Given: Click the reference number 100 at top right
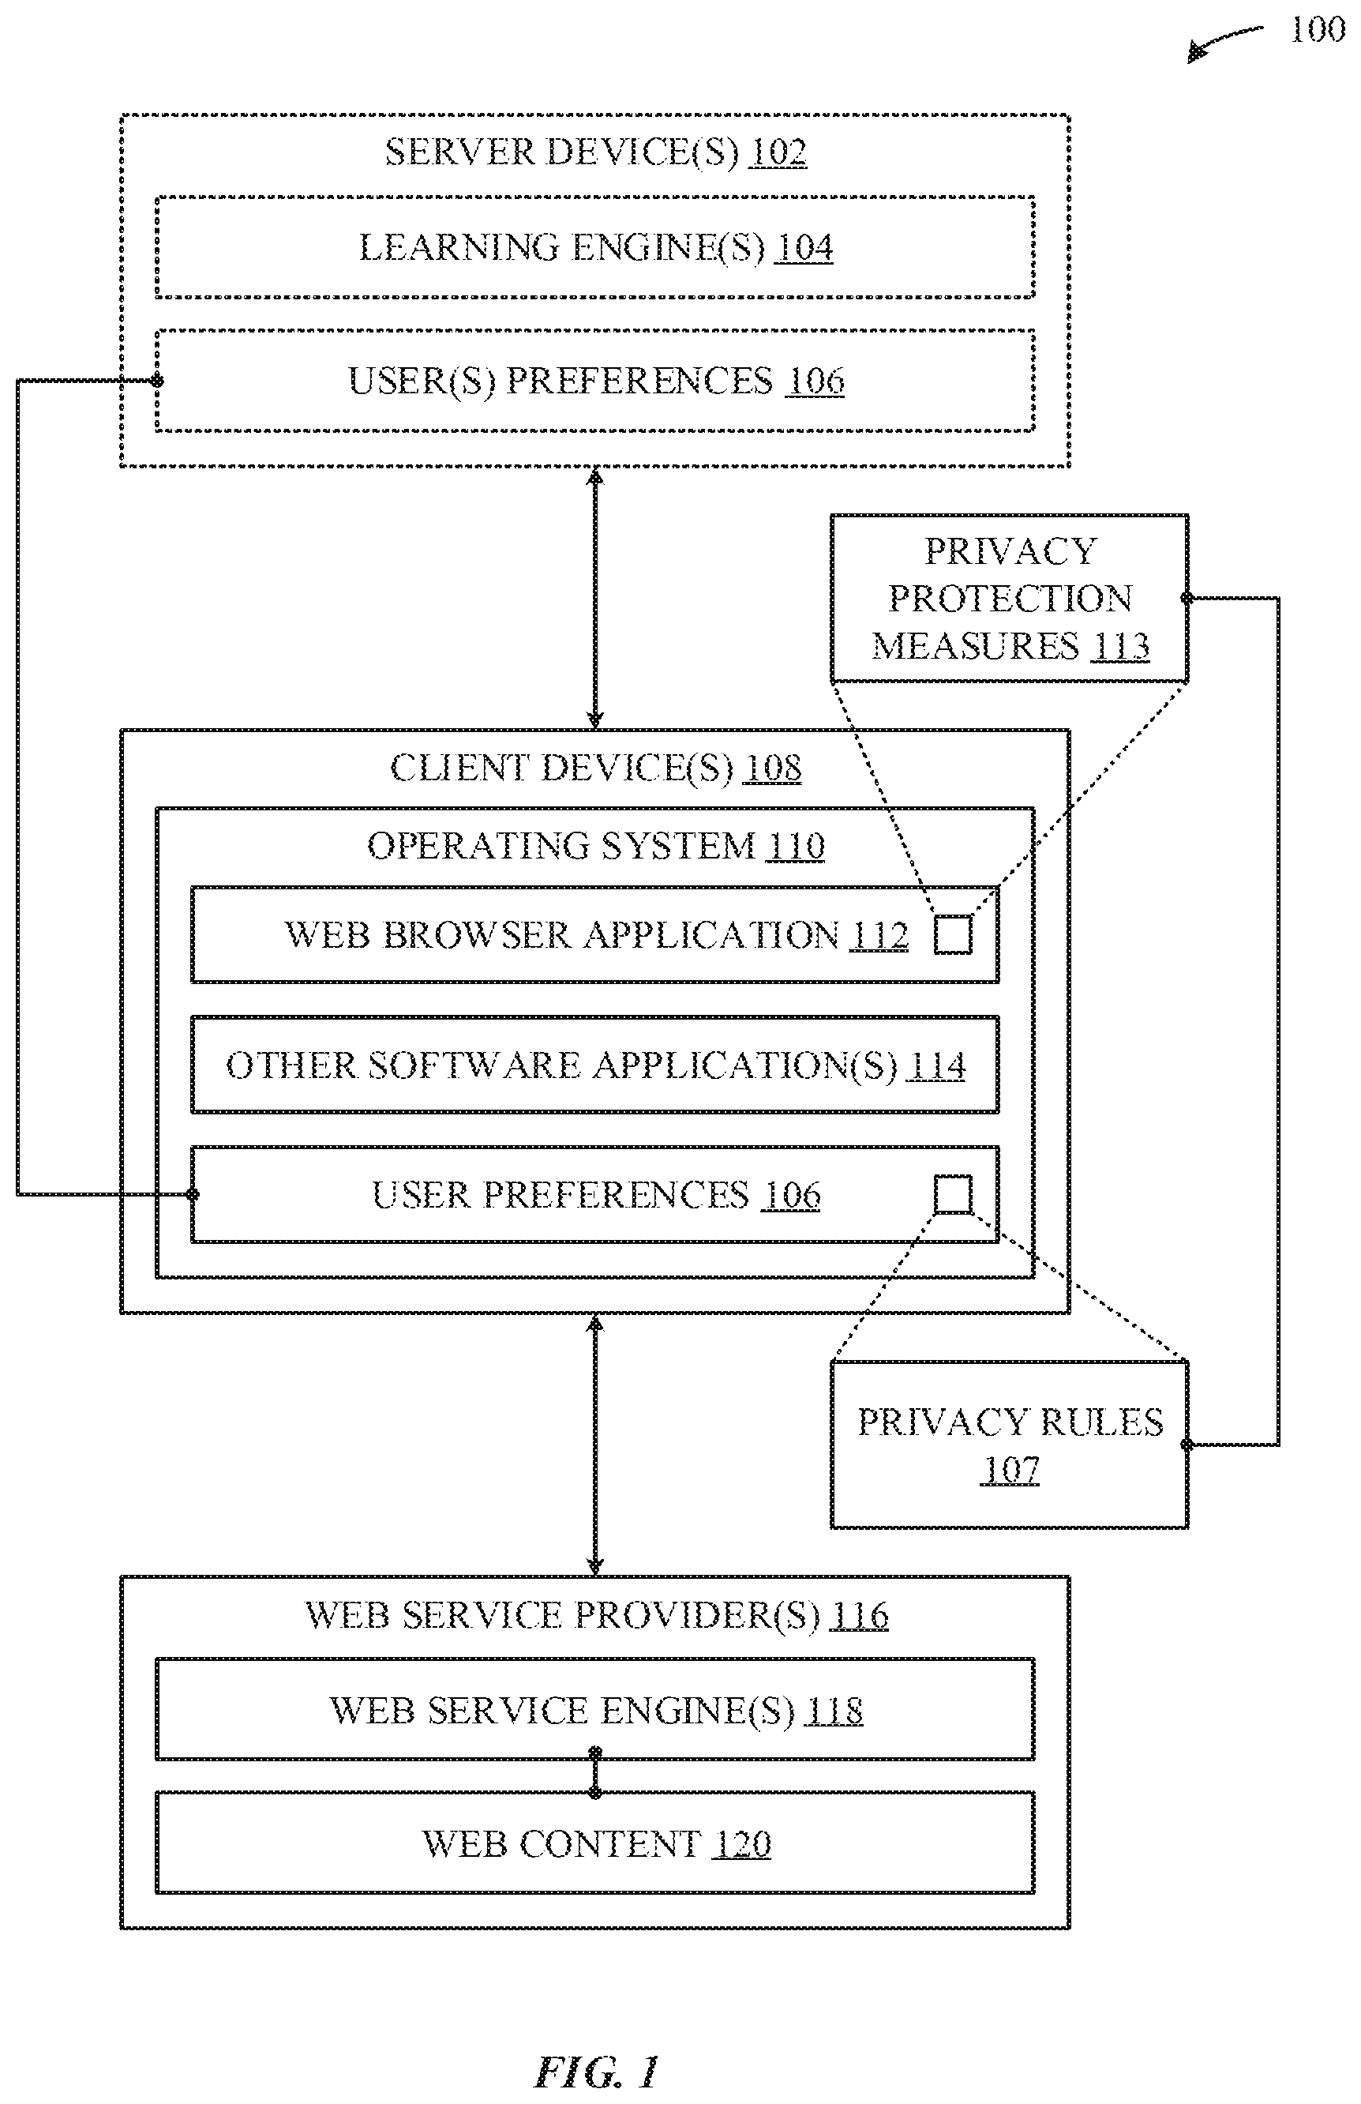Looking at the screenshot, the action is pyautogui.click(x=1317, y=30).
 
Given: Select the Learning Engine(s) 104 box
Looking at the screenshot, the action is pyautogui.click(x=594, y=247).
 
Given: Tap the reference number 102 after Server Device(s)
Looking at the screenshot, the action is pyautogui.click(x=778, y=152).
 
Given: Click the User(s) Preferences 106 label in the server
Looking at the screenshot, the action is pyautogui.click(x=596, y=381).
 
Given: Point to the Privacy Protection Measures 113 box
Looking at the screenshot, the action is pyautogui.click(x=1009, y=598).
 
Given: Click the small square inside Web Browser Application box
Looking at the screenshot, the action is pyautogui.click(x=953, y=934).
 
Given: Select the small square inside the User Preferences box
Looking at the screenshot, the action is pyautogui.click(x=953, y=1194).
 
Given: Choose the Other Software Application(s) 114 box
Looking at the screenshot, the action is pyautogui.click(x=594, y=1065).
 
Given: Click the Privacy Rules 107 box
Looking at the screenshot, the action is pyautogui.click(x=1009, y=1445).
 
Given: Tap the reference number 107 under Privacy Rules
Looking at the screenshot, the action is pyautogui.click(x=1010, y=1469).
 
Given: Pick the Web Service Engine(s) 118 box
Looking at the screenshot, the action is pyautogui.click(x=594, y=1709).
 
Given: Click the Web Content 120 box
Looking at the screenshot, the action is pyautogui.click(x=594, y=1843).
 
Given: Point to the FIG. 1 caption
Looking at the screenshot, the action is pyautogui.click(x=597, y=2072).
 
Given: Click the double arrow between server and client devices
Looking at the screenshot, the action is pyautogui.click(x=594, y=599).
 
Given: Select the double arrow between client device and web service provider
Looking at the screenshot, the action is pyautogui.click(x=594, y=1445).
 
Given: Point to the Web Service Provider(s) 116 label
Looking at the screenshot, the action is pyautogui.click(x=597, y=1615).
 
